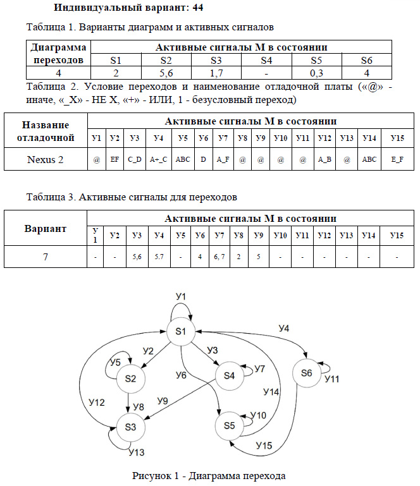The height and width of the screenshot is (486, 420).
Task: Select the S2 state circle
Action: (x=130, y=379)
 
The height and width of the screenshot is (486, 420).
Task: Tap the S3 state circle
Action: (x=130, y=427)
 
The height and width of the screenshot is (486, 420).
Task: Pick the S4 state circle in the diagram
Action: (x=229, y=375)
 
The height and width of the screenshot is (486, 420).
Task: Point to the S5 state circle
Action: (x=229, y=425)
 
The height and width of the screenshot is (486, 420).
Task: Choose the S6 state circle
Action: (x=307, y=373)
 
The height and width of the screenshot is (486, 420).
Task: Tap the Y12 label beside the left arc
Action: (x=97, y=402)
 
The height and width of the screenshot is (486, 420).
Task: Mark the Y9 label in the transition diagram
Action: (x=163, y=400)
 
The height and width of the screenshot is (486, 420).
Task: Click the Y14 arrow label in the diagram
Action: (x=271, y=392)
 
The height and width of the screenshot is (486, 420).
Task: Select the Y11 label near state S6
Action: (x=333, y=379)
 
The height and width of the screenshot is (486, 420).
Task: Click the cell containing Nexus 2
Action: (x=45, y=159)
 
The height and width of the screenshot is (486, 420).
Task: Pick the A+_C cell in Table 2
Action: (x=158, y=159)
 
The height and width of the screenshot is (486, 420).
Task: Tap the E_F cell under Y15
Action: (x=397, y=159)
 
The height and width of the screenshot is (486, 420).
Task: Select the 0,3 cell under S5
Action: (x=316, y=73)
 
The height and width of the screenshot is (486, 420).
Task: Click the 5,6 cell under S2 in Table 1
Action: (x=166, y=73)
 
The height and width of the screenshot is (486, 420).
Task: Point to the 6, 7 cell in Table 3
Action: (x=219, y=257)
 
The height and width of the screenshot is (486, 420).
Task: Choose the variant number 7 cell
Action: (x=45, y=257)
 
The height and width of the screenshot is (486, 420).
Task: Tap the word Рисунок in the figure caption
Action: (x=151, y=475)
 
